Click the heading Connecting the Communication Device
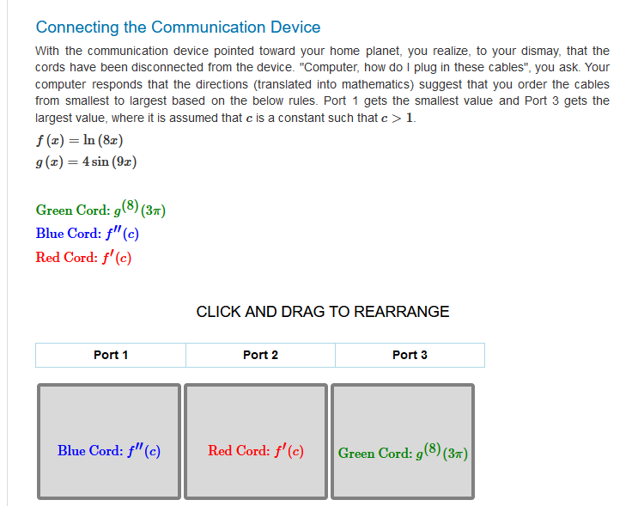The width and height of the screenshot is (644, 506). tap(178, 27)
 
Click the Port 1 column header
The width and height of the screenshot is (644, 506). tap(111, 355)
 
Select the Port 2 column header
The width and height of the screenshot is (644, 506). tap(260, 355)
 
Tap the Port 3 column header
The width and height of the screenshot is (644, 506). tap(410, 355)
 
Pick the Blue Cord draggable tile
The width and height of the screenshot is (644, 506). tap(109, 441)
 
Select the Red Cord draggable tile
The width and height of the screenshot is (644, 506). tap(256, 441)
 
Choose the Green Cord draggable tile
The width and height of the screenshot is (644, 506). tap(403, 441)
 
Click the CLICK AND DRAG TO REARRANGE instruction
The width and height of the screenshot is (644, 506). tap(322, 312)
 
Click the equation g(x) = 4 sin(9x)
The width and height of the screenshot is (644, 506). tap(86, 162)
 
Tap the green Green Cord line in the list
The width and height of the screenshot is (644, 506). tap(100, 209)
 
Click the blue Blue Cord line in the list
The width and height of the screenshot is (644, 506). tap(88, 233)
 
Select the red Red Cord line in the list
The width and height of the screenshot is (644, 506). tap(83, 257)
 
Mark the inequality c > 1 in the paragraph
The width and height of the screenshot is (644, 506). tap(397, 118)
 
